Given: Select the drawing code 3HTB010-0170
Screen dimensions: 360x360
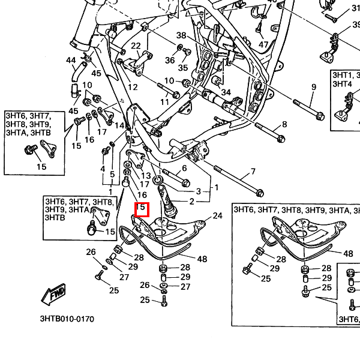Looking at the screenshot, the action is point(67,319).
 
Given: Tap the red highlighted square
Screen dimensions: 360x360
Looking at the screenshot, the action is point(142,209).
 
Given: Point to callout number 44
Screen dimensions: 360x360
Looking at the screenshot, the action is point(71,60).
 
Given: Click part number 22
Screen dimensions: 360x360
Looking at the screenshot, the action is point(136,46).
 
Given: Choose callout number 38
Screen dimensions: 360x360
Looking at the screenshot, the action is point(181,35).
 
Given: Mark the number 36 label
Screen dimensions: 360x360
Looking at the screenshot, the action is point(170,60).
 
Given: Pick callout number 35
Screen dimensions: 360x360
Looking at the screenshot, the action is point(183,68).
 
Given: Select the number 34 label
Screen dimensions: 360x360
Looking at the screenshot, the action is point(226,92).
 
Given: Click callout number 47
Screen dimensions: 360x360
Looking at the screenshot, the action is point(263,44).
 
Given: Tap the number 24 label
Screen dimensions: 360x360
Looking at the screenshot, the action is point(218,216).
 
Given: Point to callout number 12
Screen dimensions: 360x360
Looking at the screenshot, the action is point(133,87).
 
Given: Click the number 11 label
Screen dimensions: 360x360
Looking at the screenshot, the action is point(164,102).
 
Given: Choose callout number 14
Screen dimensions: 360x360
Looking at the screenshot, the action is point(119,125).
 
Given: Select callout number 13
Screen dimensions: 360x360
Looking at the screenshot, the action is point(146,176).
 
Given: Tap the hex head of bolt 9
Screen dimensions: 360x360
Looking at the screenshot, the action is point(320,116).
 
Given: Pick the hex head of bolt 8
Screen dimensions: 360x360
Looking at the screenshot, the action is point(281,139).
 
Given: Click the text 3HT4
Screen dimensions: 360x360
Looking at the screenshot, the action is point(343,84).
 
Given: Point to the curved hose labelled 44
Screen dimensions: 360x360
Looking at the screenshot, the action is point(77,72).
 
